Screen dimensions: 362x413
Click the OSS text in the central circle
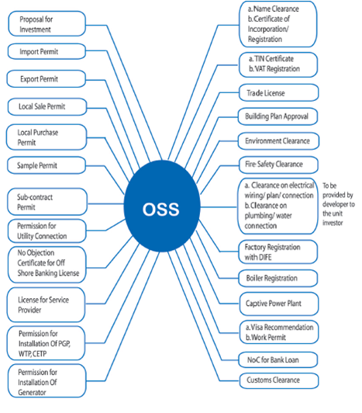(160, 209)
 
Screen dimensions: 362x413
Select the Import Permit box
(47, 51)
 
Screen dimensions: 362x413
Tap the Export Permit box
(46, 78)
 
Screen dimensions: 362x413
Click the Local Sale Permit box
(47, 106)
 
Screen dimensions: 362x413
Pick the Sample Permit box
(47, 165)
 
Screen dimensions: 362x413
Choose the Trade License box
(278, 92)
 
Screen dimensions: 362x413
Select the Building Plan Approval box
(278, 116)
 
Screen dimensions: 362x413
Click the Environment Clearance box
(278, 141)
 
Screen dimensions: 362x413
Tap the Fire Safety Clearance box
(278, 165)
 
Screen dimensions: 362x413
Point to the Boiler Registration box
(278, 278)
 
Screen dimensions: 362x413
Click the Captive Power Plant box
(279, 304)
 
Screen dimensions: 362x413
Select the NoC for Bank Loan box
(278, 359)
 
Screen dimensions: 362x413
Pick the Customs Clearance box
(279, 380)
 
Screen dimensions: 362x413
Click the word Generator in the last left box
(32, 393)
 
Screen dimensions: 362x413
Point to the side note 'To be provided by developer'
(339, 204)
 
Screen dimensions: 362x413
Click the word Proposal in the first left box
(32, 19)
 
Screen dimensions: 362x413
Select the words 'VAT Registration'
(278, 69)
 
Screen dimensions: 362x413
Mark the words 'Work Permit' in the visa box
(269, 338)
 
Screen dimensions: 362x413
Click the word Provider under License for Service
(29, 310)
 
